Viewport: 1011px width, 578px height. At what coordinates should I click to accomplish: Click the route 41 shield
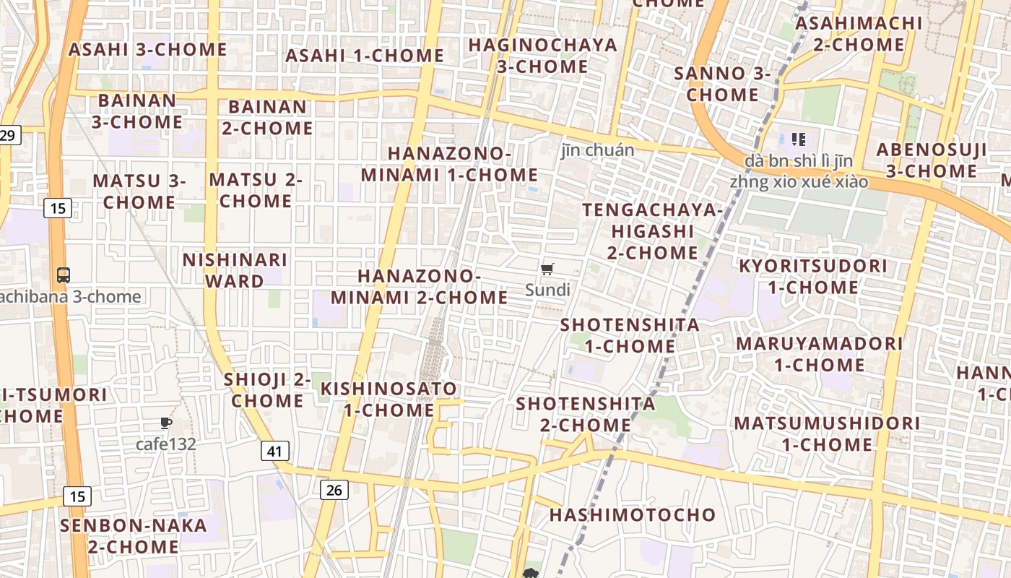point(274,452)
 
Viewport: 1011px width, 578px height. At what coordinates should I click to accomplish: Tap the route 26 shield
point(334,490)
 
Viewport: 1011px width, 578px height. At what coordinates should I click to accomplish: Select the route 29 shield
point(9,135)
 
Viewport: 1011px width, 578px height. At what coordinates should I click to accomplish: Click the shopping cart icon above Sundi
point(547,269)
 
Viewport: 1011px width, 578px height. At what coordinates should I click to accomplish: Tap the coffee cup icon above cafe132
point(166,423)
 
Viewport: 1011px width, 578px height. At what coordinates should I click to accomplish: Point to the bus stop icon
point(64,275)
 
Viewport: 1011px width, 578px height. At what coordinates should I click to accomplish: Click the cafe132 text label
point(166,444)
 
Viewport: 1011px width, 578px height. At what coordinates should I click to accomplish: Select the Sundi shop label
point(547,290)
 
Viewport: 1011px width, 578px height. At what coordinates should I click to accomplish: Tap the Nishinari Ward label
point(235,269)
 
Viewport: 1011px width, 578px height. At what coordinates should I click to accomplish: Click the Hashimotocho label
point(633,515)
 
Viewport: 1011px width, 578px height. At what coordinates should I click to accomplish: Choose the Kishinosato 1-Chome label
point(389,400)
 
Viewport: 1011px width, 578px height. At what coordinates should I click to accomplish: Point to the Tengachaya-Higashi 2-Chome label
point(652,231)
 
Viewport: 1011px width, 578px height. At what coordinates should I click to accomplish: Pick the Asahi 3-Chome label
point(147,50)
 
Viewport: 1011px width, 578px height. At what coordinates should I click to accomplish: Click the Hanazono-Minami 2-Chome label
point(420,287)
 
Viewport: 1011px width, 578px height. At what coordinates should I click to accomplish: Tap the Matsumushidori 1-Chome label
point(827,433)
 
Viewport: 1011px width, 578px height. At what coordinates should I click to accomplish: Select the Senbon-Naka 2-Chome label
point(134,536)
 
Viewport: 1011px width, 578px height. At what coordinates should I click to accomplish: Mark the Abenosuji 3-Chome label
point(931,160)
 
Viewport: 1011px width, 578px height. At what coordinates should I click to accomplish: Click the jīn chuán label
point(598,150)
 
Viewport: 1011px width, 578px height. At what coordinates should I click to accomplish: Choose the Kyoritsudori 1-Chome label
point(812,277)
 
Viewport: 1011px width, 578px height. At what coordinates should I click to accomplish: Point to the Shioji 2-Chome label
point(267,390)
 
